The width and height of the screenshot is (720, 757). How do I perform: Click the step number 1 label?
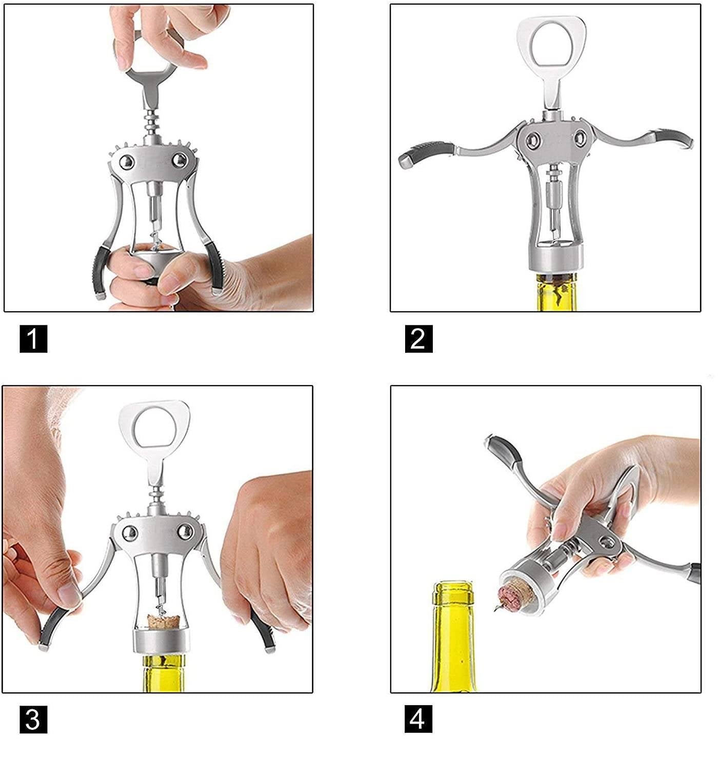point(33,338)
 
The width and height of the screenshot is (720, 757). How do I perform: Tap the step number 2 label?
point(419,338)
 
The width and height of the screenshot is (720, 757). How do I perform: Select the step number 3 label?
point(33,719)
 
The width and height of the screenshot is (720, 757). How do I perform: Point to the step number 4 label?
point(418,719)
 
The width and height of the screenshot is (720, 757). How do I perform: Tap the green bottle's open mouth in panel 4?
point(453,588)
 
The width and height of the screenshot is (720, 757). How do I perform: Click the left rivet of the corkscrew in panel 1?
point(127,162)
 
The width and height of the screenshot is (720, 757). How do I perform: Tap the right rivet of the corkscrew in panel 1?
point(179,160)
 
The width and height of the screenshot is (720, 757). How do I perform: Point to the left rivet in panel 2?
point(533,140)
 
